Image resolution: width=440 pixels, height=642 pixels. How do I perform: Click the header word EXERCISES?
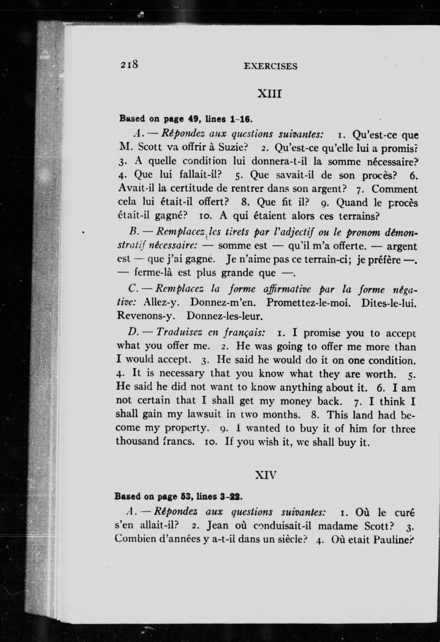(x=270, y=66)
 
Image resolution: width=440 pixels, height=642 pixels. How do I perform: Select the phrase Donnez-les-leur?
(x=224, y=316)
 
